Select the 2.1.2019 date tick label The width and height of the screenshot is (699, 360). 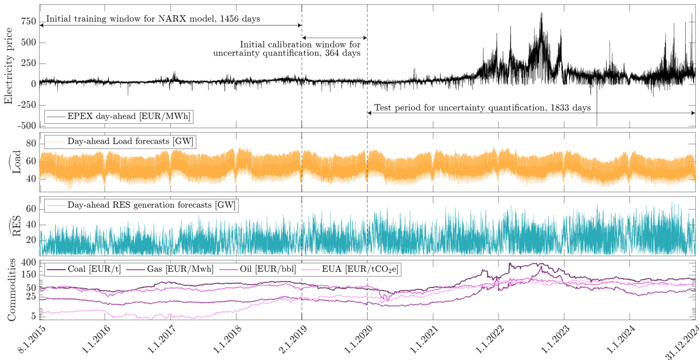pos(289,339)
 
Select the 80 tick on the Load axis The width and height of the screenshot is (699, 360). pos(31,144)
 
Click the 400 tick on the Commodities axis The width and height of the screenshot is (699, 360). pos(28,263)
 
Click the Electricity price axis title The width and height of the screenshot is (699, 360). pos(9,66)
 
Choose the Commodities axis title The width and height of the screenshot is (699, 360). pos(12,289)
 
